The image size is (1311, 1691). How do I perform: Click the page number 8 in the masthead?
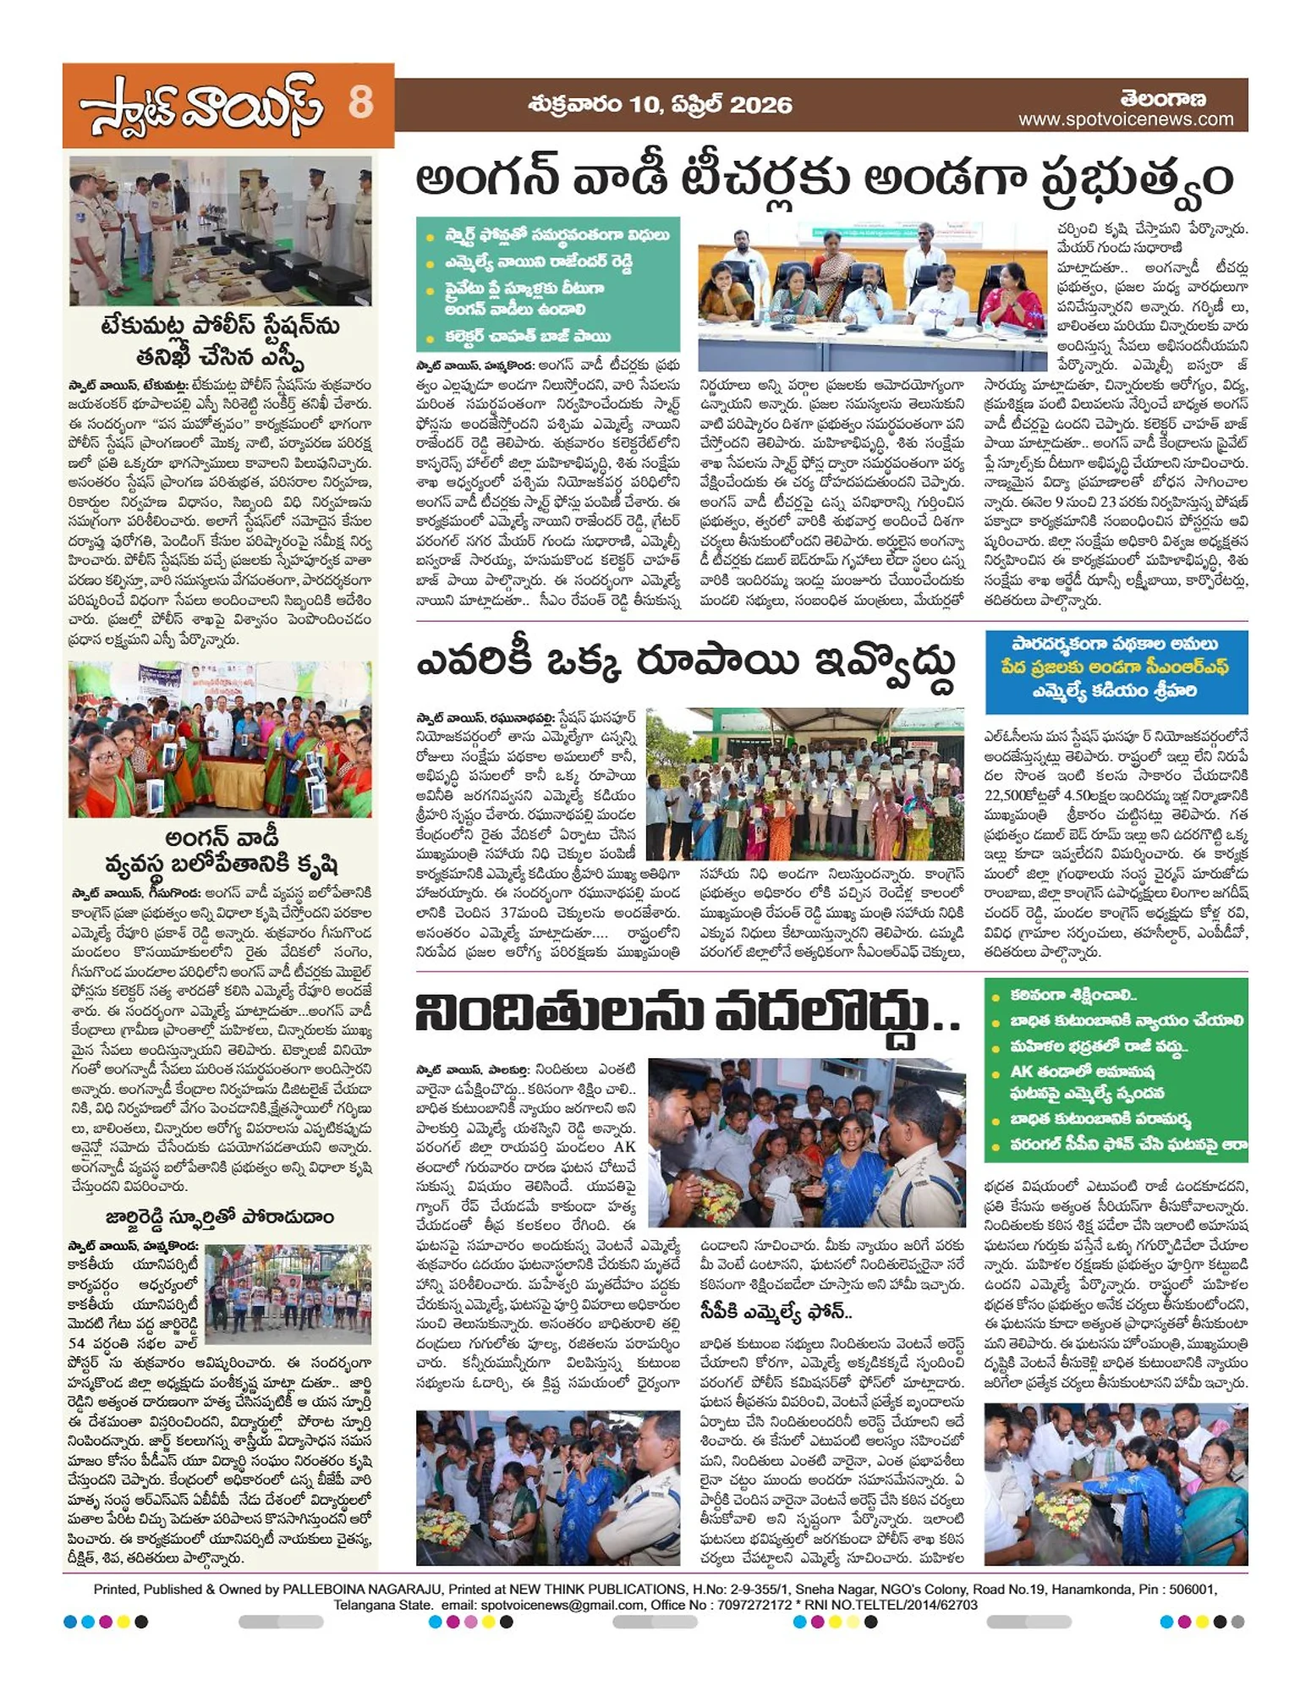coord(360,103)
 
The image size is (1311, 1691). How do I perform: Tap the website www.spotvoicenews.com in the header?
coord(1126,120)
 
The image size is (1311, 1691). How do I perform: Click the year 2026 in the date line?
coord(760,105)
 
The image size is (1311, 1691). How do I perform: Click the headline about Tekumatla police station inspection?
coord(220,339)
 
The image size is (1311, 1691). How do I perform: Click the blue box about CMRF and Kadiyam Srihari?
coord(1116,667)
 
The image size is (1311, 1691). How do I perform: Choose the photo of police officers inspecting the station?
coord(220,230)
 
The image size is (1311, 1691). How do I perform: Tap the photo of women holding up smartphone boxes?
coord(220,739)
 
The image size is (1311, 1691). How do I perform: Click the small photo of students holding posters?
coord(288,1293)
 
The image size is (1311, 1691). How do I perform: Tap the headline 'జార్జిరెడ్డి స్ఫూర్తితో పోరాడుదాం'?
coord(220,1217)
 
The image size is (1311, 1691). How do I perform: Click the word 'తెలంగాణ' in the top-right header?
coord(1163,98)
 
